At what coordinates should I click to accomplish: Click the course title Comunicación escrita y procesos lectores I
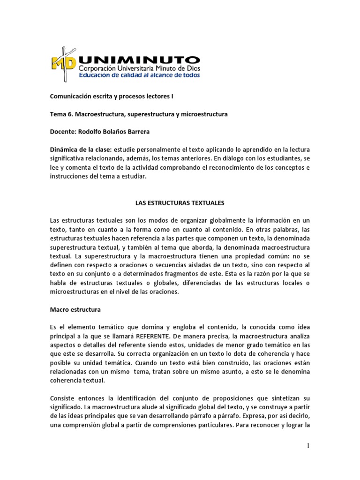tap(112, 96)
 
